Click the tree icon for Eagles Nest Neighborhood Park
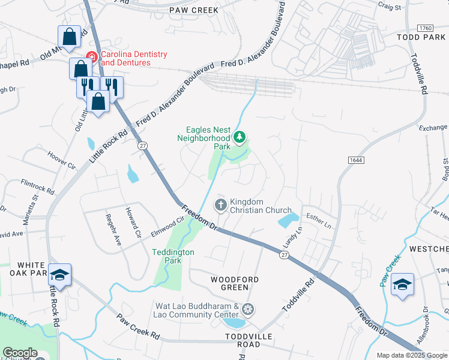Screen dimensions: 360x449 tap(240, 138)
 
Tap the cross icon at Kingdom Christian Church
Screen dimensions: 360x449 tap(221, 206)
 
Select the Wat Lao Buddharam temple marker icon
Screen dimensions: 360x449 tap(248, 310)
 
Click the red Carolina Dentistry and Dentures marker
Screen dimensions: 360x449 tap(92, 58)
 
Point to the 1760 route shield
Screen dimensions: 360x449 tap(424, 28)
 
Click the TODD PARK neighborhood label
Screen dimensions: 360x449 tap(421, 37)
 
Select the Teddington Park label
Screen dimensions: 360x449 tap(173, 256)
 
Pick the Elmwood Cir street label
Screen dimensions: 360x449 tap(166, 227)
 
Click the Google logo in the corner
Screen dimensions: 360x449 tap(20, 353)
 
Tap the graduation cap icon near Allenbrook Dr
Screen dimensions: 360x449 tap(402, 284)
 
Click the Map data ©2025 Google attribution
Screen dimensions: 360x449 tap(411, 355)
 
